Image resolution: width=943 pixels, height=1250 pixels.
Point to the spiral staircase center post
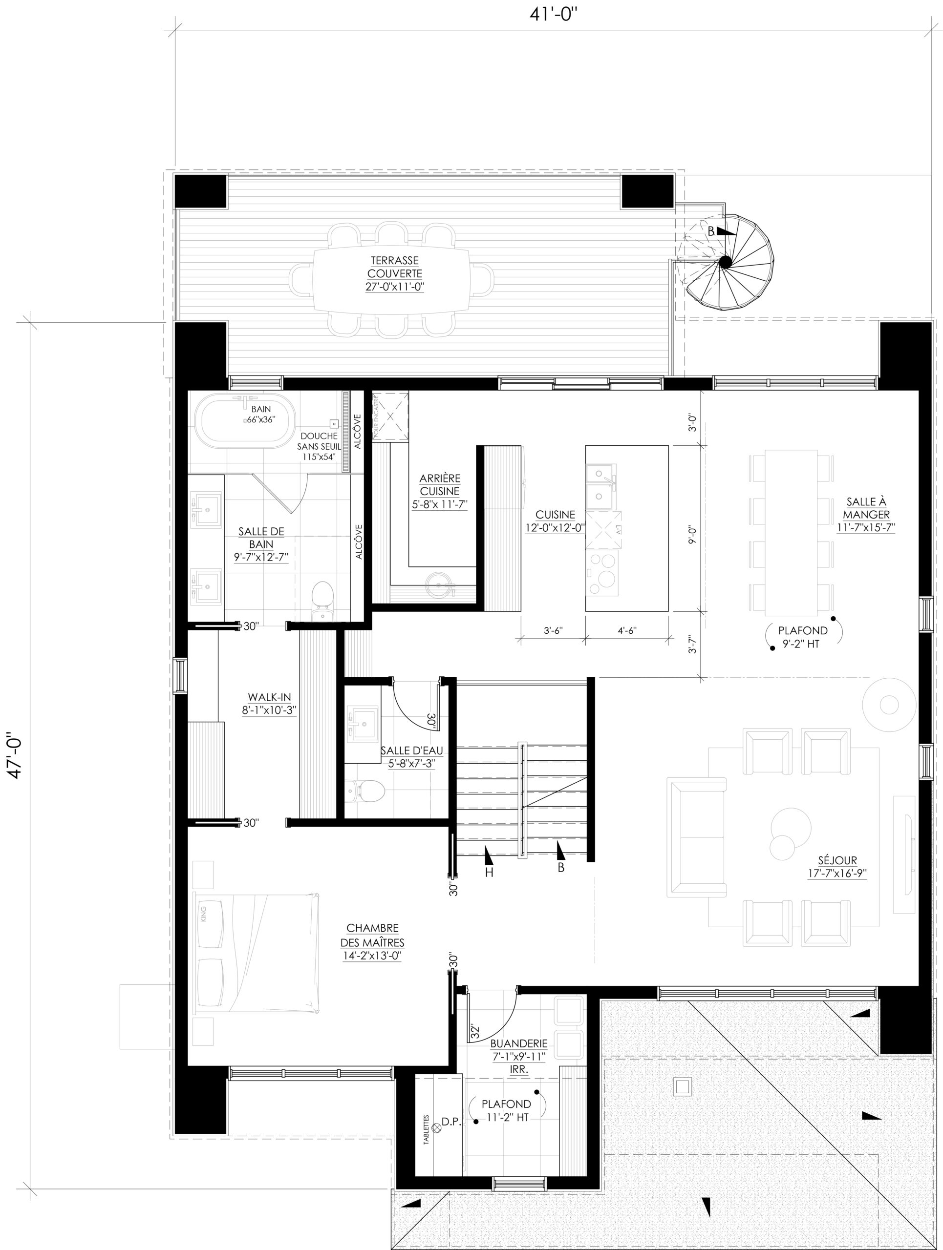724,261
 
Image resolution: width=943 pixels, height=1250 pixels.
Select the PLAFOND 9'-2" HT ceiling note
803,636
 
